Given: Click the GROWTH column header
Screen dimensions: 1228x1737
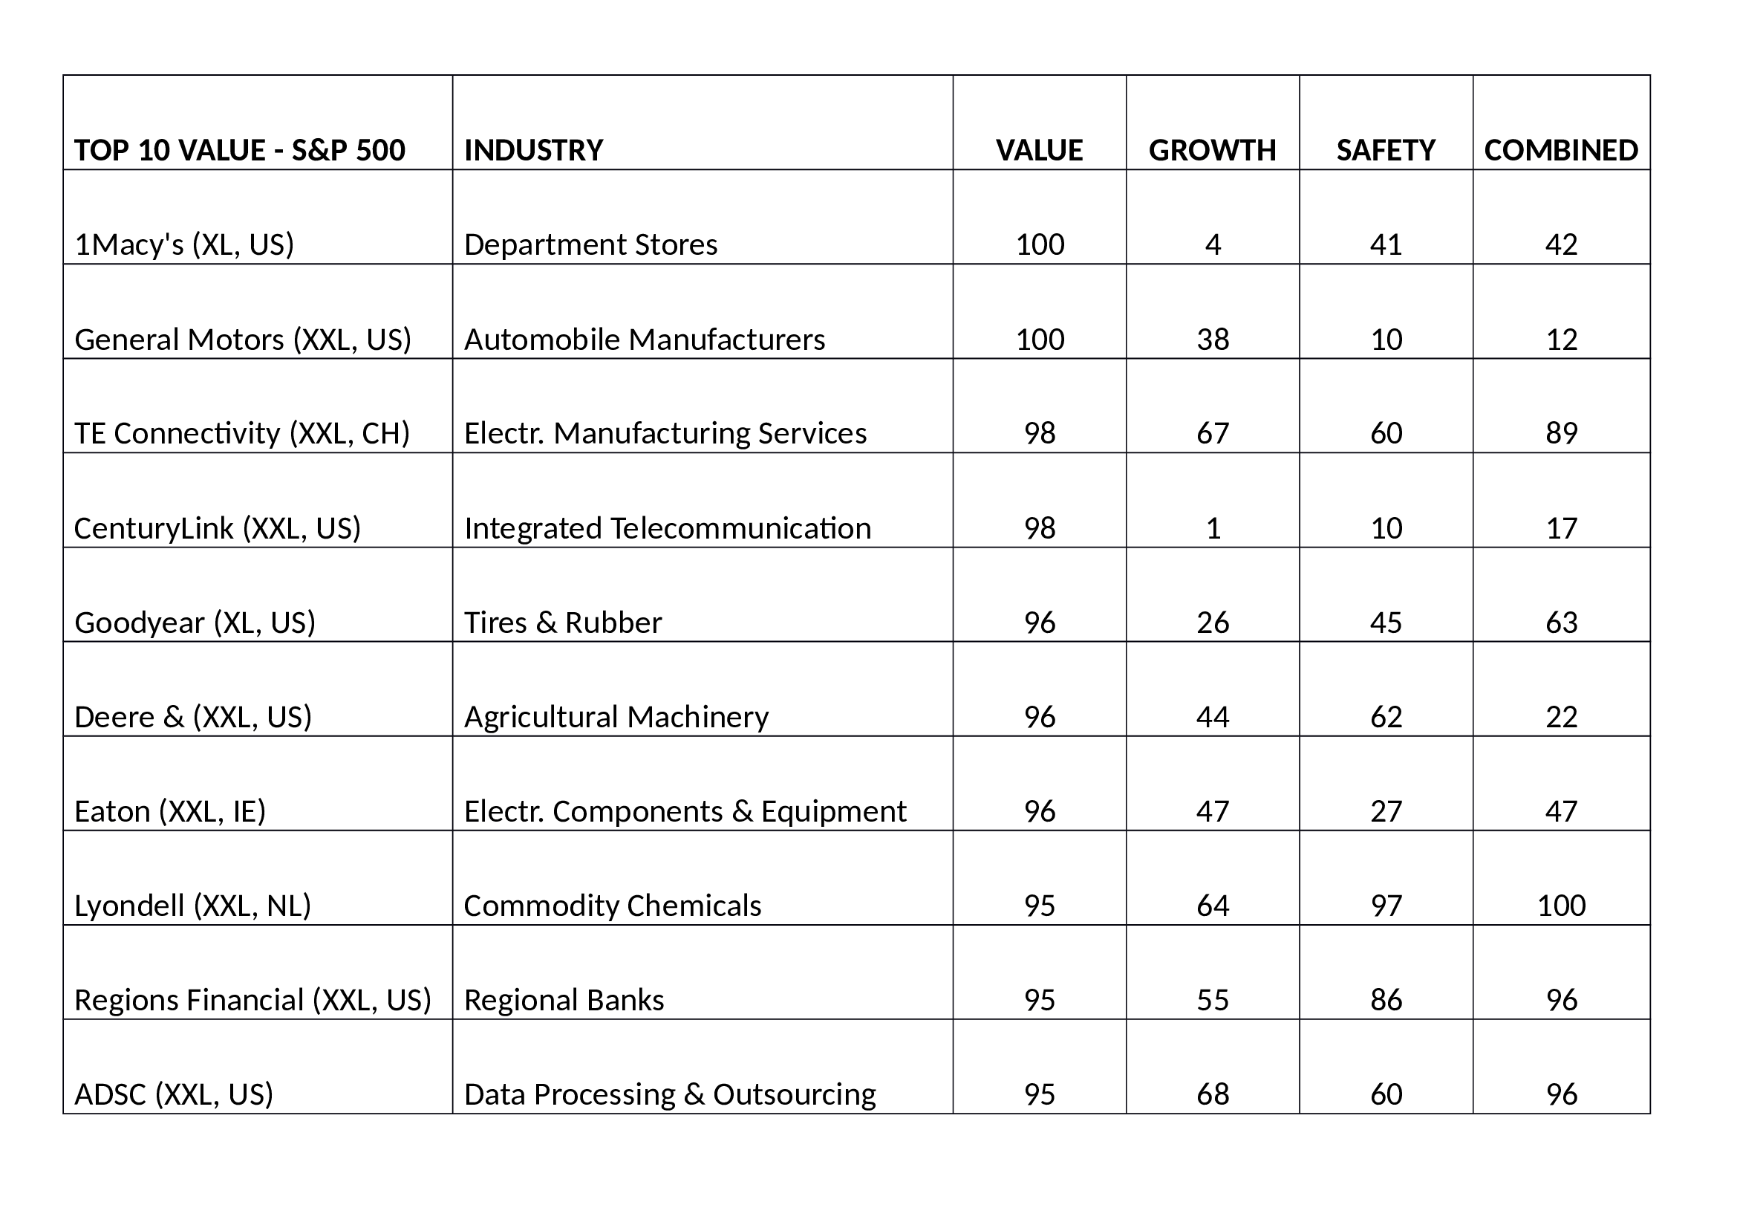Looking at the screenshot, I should coord(1212,150).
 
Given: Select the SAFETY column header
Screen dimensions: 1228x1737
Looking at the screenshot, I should coord(1385,150).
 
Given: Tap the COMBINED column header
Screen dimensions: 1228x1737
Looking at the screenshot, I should coord(1561,150).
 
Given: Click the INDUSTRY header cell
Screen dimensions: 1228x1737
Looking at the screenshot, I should coord(533,150).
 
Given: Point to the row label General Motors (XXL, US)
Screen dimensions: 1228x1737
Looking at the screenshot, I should coord(243,339).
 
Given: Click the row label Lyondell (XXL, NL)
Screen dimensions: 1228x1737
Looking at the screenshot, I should coord(193,905).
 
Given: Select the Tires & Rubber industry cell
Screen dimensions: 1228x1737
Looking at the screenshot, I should coord(562,622).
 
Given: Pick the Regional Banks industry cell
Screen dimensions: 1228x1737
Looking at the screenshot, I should coord(564,999).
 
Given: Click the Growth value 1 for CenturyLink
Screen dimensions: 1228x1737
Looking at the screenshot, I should coord(1213,527).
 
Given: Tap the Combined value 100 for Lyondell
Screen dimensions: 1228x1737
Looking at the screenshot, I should coord(1561,905).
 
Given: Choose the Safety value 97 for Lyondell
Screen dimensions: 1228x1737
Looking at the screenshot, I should coord(1386,905).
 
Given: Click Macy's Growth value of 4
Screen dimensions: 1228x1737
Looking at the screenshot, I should coord(1213,244).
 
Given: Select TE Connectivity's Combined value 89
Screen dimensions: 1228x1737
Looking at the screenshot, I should coord(1561,433).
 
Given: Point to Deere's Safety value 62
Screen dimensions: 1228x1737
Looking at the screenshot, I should coord(1386,717).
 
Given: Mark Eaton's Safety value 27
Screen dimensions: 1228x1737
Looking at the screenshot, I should coord(1386,811).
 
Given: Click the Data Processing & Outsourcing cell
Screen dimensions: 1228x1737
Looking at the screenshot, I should coord(670,1094).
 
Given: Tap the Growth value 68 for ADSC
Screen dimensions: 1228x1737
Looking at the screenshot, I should coord(1213,1094).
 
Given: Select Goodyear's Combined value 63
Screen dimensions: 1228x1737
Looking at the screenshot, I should coord(1561,622).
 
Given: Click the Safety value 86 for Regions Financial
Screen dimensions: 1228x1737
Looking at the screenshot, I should coord(1386,999).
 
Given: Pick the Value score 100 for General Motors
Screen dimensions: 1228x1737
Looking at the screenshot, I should coord(1040,339).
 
